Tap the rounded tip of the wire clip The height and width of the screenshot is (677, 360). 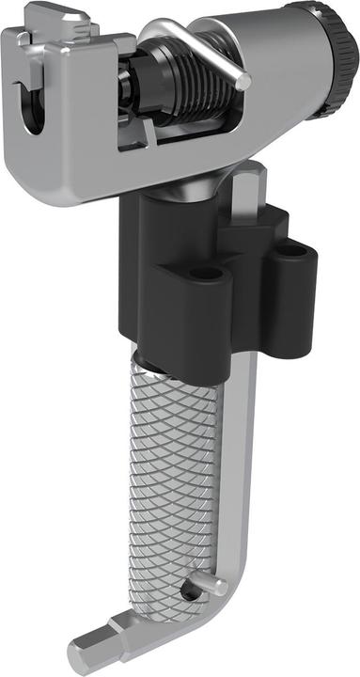coord(243,82)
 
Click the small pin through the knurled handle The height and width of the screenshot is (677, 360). coord(192,591)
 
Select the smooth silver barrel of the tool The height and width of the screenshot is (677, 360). coord(273,56)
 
